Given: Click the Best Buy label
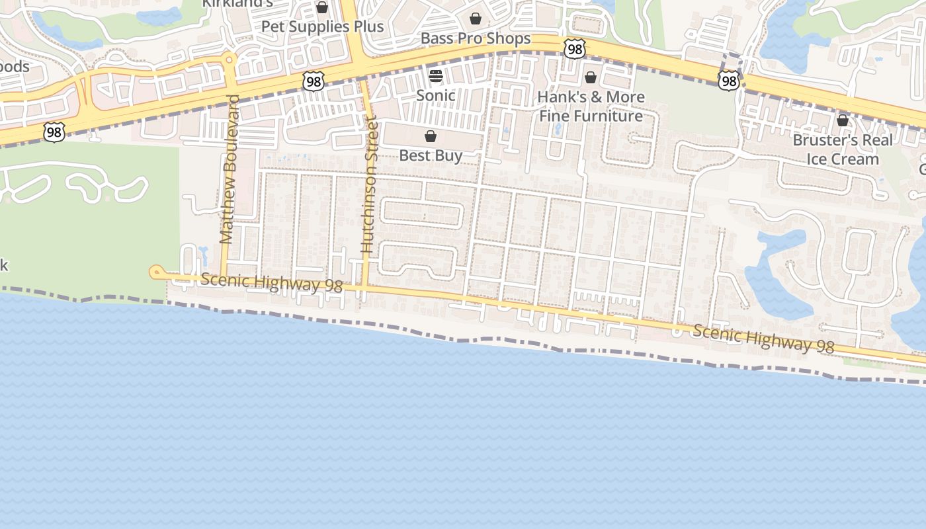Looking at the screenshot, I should [431, 155].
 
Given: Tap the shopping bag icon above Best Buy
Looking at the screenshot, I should [431, 136].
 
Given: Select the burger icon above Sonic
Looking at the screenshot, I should [435, 76].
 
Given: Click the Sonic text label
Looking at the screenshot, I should [435, 95].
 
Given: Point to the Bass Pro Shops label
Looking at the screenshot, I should [476, 38].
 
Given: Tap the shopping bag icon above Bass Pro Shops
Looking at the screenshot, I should [476, 19].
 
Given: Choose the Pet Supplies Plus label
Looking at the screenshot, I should [322, 26].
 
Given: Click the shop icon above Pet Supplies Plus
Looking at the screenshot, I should [322, 7].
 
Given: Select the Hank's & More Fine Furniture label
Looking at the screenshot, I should [591, 106].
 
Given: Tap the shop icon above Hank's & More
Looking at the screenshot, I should [591, 77].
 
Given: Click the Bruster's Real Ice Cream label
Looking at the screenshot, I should [843, 149].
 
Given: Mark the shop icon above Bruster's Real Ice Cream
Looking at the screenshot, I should [843, 120].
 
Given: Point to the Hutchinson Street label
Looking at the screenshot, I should [368, 185].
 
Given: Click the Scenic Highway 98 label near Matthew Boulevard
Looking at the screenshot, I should [271, 283].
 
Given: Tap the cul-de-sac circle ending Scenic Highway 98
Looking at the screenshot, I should [157, 271].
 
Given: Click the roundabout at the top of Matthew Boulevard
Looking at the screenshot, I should [230, 60].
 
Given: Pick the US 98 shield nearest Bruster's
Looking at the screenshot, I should [728, 81].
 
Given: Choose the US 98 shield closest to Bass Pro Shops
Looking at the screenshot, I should [575, 48].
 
